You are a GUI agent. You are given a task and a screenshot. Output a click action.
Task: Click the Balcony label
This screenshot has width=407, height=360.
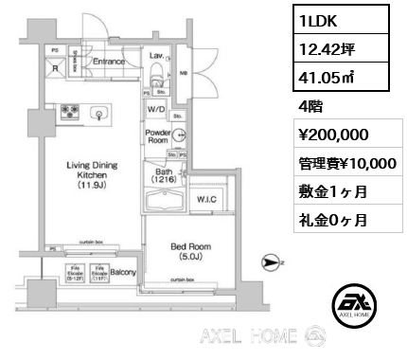coord(122,273)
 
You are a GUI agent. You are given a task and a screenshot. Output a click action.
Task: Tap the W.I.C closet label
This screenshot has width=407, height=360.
coord(207,199)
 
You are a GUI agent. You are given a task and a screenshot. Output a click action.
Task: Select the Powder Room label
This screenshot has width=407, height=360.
coord(157,136)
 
